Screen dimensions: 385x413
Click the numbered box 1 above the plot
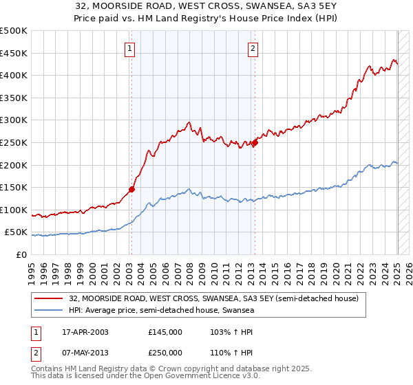(x=130, y=48)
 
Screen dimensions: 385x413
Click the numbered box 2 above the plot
(x=253, y=48)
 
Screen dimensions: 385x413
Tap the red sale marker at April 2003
(x=131, y=189)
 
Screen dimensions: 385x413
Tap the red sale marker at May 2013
(x=254, y=143)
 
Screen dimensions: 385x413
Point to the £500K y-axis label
(x=14, y=31)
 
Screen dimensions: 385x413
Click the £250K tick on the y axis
(x=14, y=142)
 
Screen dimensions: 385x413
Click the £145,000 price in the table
(x=165, y=332)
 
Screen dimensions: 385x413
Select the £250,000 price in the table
(x=165, y=352)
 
